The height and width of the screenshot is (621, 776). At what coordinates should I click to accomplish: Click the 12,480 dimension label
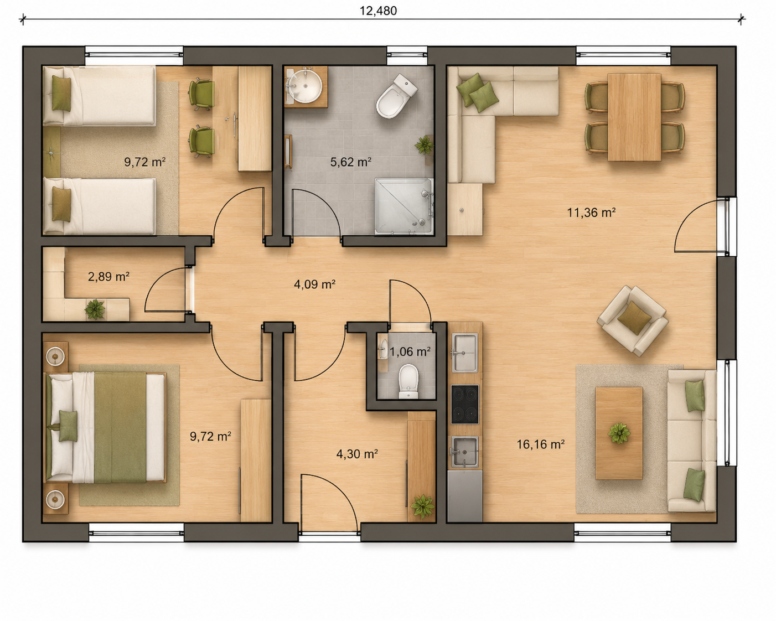click(x=378, y=11)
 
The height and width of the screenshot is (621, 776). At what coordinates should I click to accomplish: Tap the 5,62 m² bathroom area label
click(x=351, y=162)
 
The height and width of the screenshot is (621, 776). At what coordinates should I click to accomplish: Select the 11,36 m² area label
click(x=591, y=213)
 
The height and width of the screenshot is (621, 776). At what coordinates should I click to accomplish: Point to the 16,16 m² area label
click(x=541, y=444)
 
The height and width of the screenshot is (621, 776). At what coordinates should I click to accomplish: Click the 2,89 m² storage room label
click(x=108, y=277)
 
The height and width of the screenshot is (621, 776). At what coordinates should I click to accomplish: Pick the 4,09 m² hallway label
click(x=314, y=284)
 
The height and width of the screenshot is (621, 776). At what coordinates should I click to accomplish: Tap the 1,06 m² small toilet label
click(x=410, y=351)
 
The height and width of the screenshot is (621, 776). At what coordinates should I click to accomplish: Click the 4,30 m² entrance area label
click(x=357, y=454)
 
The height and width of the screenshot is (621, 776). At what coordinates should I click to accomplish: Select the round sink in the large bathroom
click(x=305, y=86)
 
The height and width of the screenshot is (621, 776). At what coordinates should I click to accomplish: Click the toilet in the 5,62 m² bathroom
click(x=397, y=96)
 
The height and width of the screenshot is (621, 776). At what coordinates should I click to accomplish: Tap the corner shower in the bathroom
click(x=404, y=206)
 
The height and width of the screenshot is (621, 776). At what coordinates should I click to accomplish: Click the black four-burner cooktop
click(x=465, y=404)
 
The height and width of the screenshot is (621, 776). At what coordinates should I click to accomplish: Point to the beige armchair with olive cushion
click(x=633, y=320)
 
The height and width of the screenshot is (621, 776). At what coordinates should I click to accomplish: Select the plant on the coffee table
click(x=619, y=433)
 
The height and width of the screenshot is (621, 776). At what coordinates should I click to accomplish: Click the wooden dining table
click(x=634, y=117)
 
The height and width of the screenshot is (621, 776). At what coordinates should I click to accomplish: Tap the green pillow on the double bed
click(x=68, y=426)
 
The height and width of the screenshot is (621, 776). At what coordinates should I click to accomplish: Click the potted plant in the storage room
click(x=95, y=309)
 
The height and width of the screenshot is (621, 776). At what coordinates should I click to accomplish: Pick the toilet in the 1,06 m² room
click(x=408, y=381)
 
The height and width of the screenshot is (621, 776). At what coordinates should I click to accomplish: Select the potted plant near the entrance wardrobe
click(x=422, y=506)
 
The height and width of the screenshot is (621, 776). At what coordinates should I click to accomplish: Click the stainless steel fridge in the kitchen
click(x=465, y=496)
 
